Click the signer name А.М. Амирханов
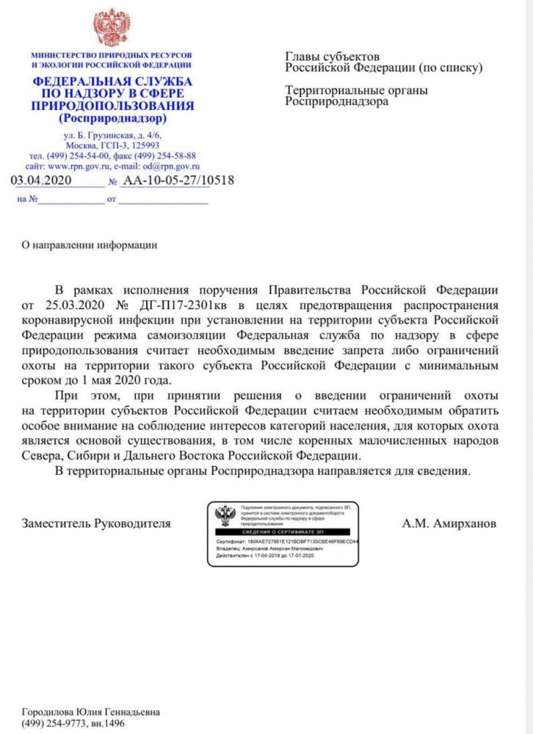tap(449, 524)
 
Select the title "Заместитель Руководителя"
tap(96, 524)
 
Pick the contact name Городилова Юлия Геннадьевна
tap(90, 712)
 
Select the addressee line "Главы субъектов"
tap(332, 57)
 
